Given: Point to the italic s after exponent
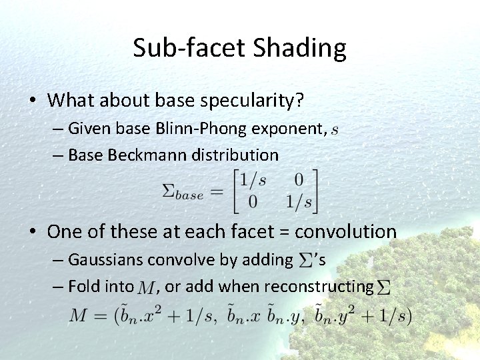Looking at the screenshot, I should coord(334,129).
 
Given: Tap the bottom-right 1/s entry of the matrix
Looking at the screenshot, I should coord(299,202).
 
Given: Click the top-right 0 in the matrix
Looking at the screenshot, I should coord(298,180).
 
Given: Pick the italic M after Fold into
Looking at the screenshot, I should coord(145,288).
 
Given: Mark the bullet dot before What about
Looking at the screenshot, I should coord(32,101).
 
